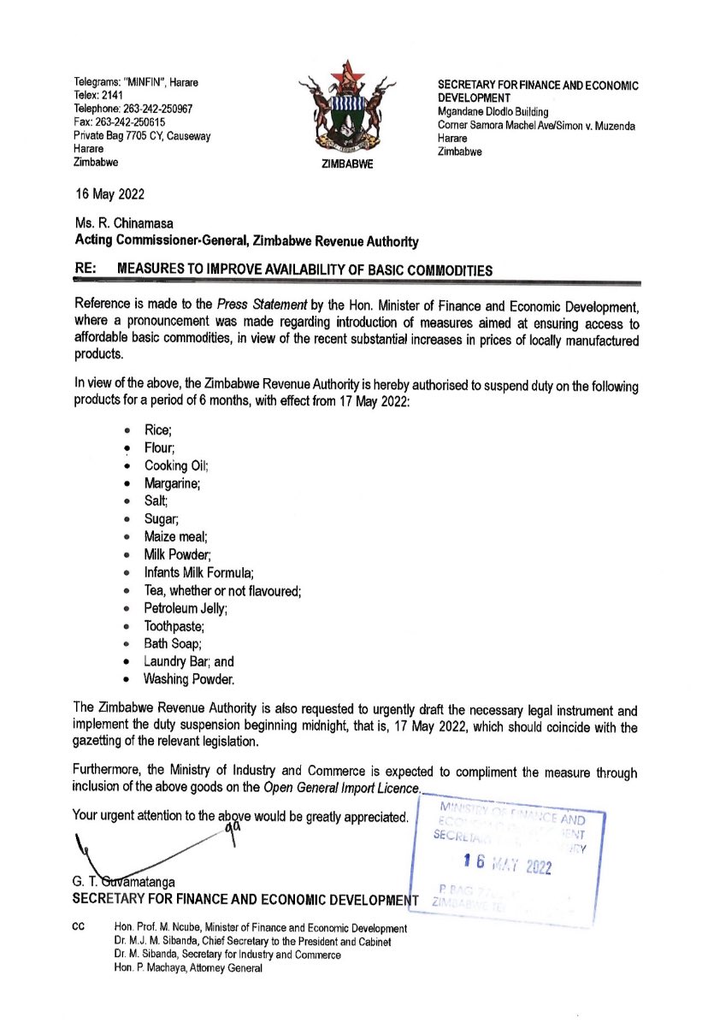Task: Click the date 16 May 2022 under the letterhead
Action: point(109,195)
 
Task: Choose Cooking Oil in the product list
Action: point(176,465)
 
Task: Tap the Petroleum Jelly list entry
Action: point(186,608)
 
